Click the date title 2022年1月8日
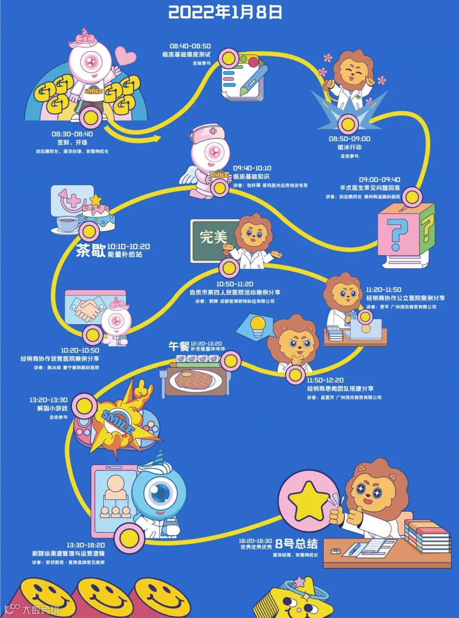pos(225,12)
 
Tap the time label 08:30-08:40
pos(72,134)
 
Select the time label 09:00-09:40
pos(380,179)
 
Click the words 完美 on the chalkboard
pos(213,237)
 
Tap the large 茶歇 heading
pos(91,251)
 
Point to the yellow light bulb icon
pos(258,325)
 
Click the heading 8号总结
pos(296,544)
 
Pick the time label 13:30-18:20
pos(85,545)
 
